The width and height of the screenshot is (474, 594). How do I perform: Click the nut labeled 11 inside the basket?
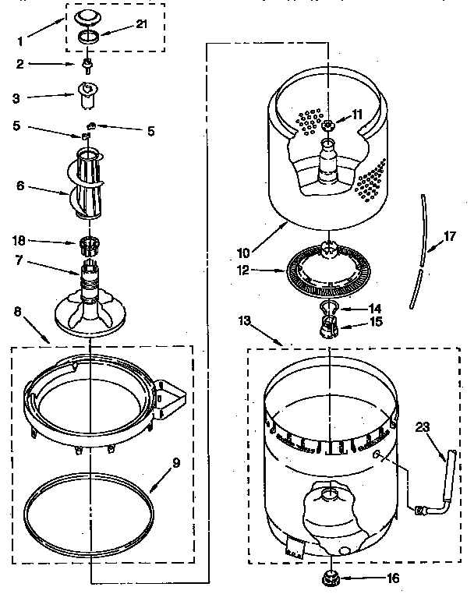click(x=330, y=126)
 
